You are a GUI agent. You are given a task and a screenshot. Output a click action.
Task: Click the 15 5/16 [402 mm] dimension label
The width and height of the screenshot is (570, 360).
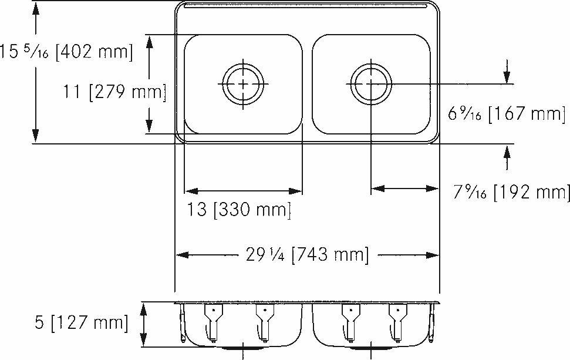pos(66,52)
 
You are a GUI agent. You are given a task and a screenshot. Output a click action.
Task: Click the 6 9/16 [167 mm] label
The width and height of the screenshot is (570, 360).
pos(506,113)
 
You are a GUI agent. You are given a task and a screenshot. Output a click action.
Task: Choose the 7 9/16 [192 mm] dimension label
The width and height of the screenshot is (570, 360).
pos(511,192)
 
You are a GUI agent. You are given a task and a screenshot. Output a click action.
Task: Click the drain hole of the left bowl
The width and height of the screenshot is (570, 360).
pos(243,84)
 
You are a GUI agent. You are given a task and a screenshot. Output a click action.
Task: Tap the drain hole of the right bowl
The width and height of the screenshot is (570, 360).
pos(371,84)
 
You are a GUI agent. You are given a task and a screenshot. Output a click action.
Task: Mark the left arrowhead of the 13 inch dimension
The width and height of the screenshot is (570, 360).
pos(190,191)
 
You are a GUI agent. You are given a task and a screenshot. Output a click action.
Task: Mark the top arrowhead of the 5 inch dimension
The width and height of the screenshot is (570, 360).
pos(143,308)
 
